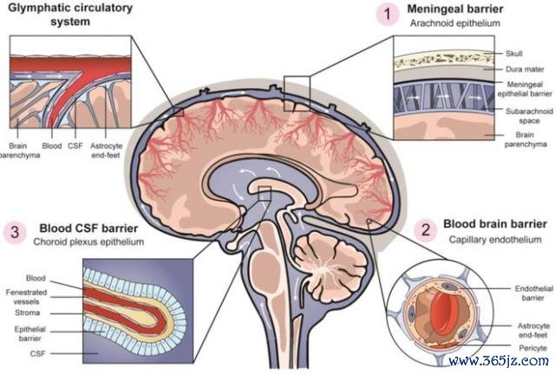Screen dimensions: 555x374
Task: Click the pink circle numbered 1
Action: point(388,15)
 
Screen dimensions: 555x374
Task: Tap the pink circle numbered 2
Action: point(426,230)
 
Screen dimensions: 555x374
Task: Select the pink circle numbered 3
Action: point(15,233)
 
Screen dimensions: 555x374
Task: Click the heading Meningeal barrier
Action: point(454,9)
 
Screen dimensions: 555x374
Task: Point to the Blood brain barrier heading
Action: point(495,223)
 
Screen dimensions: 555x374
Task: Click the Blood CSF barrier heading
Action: point(88,229)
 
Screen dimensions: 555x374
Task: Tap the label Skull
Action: point(514,54)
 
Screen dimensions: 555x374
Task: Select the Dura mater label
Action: point(525,69)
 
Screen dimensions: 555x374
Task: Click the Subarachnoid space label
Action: point(529,116)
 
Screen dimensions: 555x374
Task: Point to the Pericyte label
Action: point(532,348)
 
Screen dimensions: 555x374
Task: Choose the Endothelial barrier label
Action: point(534,293)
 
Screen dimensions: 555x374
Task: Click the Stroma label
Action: point(27,313)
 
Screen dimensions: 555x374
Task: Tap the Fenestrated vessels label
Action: point(26,297)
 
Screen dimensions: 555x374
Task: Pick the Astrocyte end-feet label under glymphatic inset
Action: point(106,151)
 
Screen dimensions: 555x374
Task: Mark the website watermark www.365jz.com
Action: point(499,360)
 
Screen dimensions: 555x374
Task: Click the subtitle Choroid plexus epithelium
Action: point(88,242)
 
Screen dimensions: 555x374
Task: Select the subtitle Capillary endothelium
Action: point(495,240)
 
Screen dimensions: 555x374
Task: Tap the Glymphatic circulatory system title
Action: point(70,15)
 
